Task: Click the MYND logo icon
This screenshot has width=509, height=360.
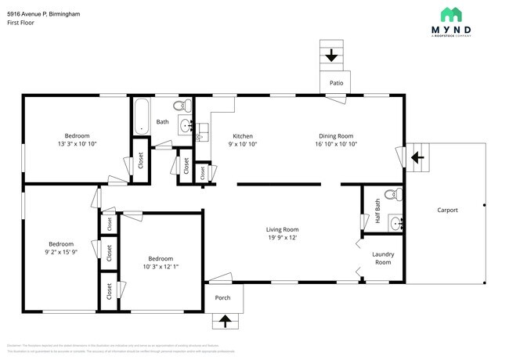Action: click(450, 14)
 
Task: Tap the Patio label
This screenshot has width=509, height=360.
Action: click(336, 82)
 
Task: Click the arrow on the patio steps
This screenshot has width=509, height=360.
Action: click(331, 56)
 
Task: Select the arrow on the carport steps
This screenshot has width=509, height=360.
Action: click(418, 157)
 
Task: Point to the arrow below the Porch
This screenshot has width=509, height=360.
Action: click(226, 320)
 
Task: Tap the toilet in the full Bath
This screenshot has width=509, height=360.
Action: click(179, 106)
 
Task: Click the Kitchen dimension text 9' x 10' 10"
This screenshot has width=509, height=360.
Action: click(243, 144)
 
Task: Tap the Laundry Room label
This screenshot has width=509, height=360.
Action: click(383, 257)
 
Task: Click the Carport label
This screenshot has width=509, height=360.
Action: click(447, 210)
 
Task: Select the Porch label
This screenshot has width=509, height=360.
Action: click(223, 297)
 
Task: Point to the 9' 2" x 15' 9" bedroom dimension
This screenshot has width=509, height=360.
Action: click(60, 252)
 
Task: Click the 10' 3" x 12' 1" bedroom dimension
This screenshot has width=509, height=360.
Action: click(161, 267)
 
